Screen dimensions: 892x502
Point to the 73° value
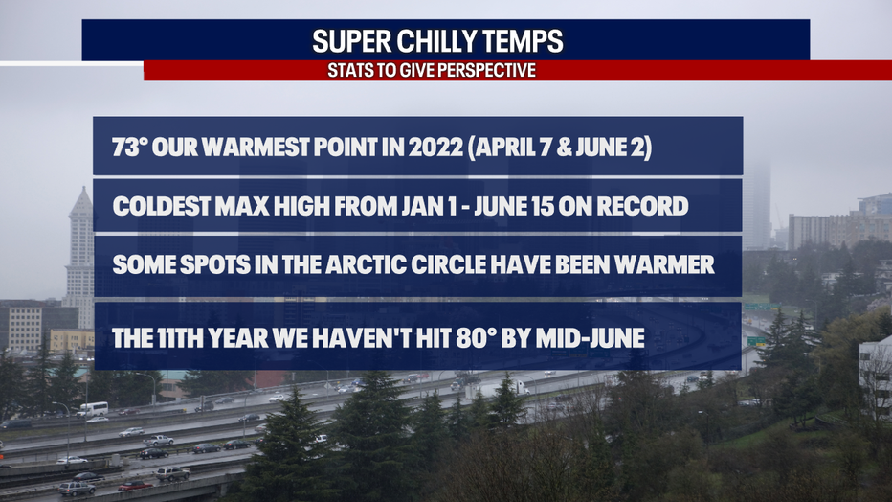pos(130,148)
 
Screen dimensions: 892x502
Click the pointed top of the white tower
pos(83,189)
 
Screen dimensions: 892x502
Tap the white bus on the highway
pos(92,409)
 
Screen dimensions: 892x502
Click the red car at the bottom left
pos(135,486)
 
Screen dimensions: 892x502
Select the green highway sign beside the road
pos(756,341)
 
